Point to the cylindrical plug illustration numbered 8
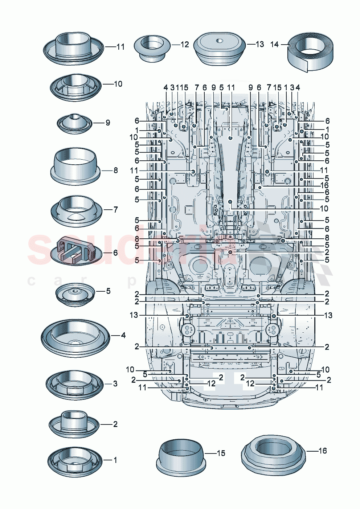click(75, 167)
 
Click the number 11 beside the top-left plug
click(120, 47)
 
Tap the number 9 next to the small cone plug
click(108, 123)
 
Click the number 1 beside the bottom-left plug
click(115, 460)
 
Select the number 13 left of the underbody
click(134, 315)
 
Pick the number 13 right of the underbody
click(328, 315)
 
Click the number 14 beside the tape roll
click(274, 44)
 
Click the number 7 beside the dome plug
click(116, 209)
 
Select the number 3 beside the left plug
click(115, 383)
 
